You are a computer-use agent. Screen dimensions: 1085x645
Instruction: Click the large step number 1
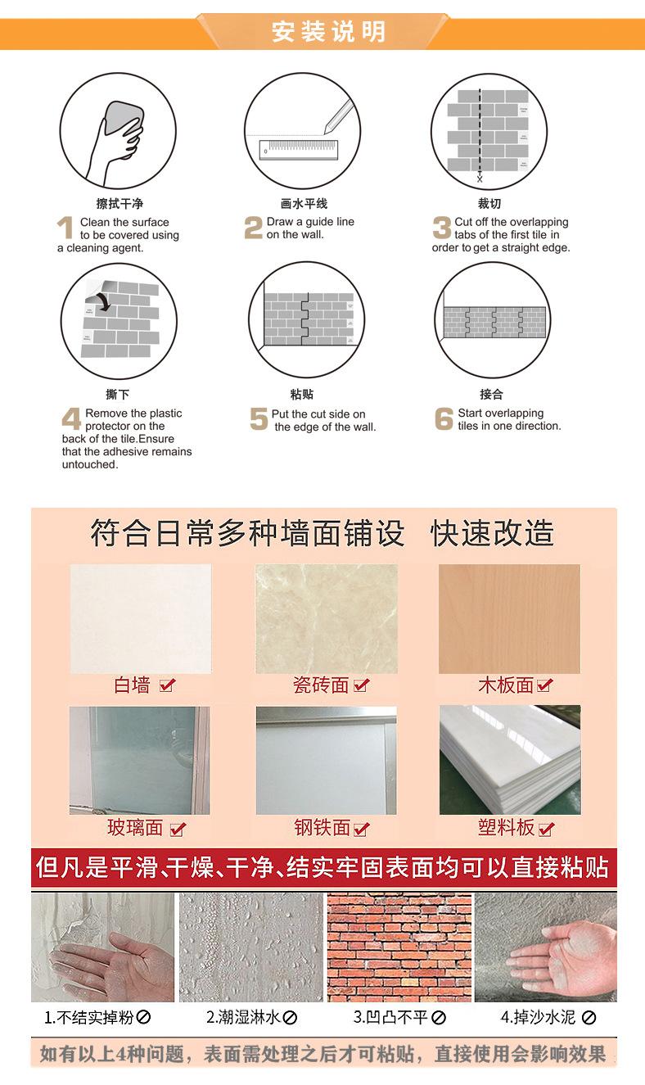pos(65,228)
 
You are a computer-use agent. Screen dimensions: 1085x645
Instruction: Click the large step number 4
pos(71,418)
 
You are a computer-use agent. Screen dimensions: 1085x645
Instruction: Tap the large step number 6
pos(444,418)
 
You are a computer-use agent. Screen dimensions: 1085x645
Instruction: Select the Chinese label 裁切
pos(489,203)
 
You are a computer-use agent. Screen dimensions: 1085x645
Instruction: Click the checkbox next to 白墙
pos(167,685)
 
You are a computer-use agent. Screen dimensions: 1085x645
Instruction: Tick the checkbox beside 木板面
pos(544,685)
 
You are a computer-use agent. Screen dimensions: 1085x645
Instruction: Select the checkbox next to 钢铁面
pos(361,829)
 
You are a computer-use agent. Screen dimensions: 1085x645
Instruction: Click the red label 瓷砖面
pos(321,685)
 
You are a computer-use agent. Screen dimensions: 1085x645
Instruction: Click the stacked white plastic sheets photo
pos(509,760)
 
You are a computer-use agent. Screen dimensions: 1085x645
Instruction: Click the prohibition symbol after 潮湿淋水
pos(290,1018)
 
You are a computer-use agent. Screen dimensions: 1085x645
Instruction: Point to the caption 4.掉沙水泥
pos(538,1018)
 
